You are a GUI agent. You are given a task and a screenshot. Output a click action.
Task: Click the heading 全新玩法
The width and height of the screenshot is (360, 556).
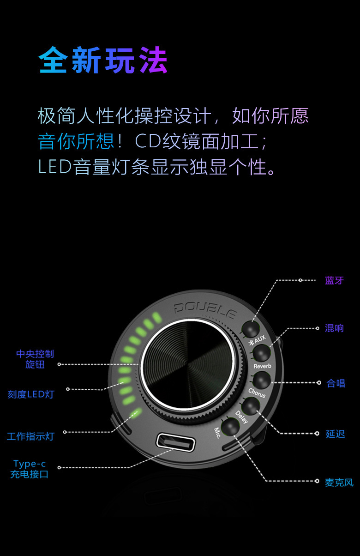click(x=103, y=60)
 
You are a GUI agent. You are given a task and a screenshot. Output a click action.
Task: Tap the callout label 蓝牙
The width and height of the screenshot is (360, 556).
click(x=334, y=280)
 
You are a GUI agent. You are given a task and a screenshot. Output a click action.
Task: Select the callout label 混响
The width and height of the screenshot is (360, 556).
click(x=334, y=328)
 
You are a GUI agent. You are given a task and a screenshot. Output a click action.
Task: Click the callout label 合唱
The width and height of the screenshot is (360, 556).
click(x=336, y=383)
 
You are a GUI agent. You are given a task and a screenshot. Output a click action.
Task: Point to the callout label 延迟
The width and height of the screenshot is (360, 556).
click(x=335, y=434)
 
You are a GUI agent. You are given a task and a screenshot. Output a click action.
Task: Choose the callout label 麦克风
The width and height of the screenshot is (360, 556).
click(x=339, y=482)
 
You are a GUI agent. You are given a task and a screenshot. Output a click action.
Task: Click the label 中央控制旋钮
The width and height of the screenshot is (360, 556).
click(x=35, y=359)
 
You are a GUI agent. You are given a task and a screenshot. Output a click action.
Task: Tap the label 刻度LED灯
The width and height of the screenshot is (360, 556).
click(x=31, y=394)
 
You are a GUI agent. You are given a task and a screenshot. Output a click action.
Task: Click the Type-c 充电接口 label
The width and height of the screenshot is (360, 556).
click(x=30, y=469)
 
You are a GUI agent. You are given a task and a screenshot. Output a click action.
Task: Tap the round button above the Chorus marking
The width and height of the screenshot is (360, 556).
click(x=261, y=381)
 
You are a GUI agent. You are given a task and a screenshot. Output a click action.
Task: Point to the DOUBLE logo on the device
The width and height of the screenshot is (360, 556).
click(x=205, y=309)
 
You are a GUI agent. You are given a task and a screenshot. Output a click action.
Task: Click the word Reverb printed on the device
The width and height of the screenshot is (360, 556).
click(x=262, y=366)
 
